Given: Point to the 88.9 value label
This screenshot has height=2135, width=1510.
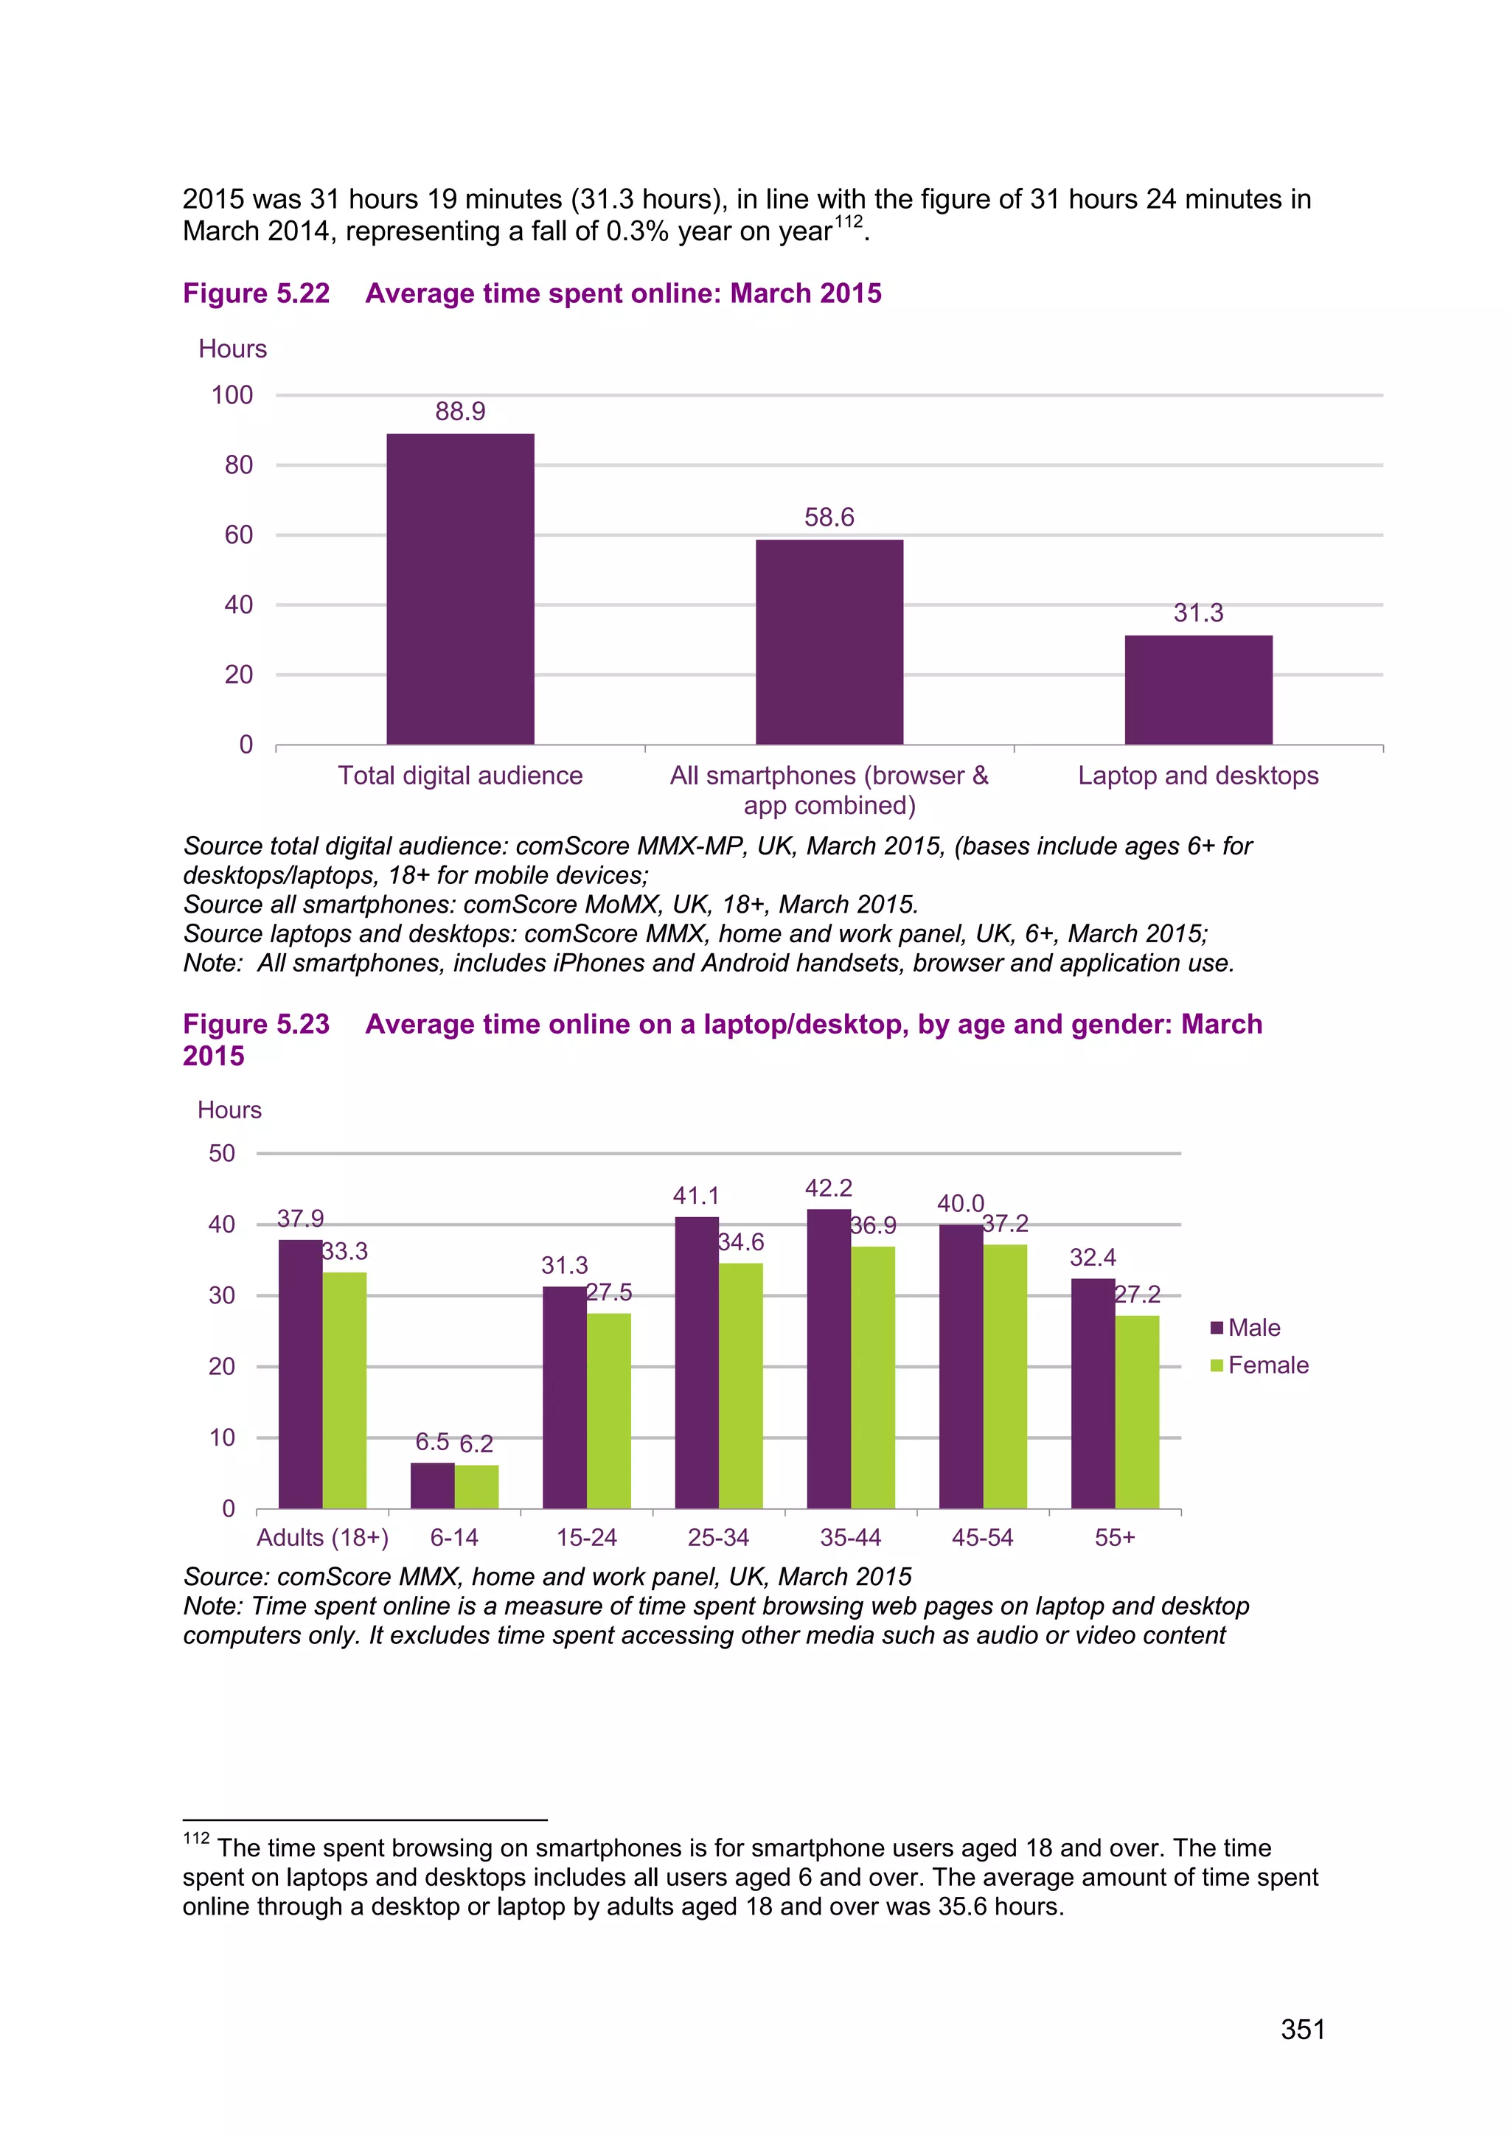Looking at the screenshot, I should (460, 411).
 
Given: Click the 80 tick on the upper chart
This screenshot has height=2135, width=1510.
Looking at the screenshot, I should (238, 465).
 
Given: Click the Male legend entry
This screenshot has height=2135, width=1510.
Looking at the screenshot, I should (1246, 1328).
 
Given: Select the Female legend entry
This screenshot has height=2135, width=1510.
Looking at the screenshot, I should (1260, 1365).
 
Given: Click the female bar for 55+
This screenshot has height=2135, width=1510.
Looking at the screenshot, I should (1137, 1412).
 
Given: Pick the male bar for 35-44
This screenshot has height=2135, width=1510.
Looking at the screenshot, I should (829, 1359).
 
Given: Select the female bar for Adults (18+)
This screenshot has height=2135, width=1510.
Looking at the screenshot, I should (344, 1390).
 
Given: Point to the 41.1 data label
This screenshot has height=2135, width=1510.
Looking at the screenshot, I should (695, 1196).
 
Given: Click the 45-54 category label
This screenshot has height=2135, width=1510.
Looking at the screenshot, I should (982, 1537).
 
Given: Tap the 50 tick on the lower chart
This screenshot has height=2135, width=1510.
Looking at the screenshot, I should (221, 1153).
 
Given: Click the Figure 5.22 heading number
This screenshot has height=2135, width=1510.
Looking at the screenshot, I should (257, 294).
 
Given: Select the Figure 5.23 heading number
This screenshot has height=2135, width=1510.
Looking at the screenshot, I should (257, 1024).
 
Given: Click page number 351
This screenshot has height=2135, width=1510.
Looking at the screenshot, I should (1303, 2029).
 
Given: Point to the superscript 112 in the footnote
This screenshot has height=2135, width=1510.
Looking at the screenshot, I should (196, 1839).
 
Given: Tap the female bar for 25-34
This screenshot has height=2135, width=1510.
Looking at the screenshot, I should (740, 1385).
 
